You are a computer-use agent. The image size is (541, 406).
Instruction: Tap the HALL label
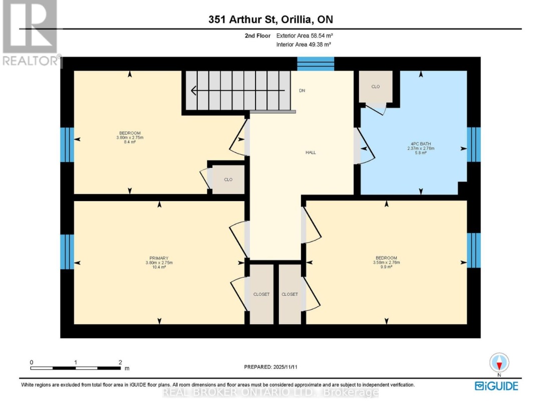coord(311,152)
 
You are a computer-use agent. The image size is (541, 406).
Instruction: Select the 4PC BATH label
coord(420,143)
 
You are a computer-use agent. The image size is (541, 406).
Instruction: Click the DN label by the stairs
coord(302,91)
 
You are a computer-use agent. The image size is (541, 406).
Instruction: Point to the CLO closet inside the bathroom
coord(376,87)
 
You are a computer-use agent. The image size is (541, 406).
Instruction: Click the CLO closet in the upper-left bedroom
coord(228,179)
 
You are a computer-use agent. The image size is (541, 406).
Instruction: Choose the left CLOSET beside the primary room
coord(261,294)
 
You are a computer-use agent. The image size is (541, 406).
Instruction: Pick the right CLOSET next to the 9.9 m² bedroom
coord(290,294)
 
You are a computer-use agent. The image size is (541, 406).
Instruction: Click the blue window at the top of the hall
coord(316,63)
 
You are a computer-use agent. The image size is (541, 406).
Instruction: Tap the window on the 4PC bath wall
coord(473,145)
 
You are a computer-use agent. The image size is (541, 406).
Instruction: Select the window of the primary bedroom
coord(67,252)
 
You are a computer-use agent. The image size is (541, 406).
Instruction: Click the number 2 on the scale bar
coord(120,362)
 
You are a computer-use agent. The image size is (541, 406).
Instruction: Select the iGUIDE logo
coord(496,386)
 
